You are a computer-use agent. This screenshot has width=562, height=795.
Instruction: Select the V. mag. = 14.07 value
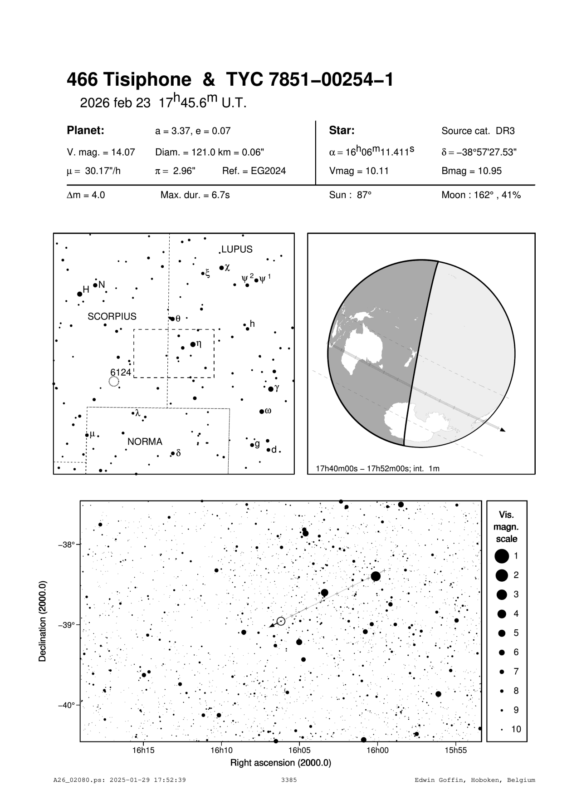tap(101, 152)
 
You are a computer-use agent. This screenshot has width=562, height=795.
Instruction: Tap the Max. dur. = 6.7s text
tap(195, 195)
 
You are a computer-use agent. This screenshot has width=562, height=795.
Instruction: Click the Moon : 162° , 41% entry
tap(481, 195)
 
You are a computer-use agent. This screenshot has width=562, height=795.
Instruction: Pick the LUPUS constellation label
tap(237, 249)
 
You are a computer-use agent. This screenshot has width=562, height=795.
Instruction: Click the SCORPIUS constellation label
tap(112, 316)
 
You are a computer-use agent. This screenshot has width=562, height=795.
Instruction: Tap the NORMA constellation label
tap(145, 442)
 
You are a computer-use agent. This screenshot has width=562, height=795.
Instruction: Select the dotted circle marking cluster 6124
tap(114, 382)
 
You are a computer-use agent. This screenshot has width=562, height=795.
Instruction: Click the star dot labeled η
tap(193, 344)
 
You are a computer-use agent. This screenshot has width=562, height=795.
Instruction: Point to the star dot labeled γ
tap(271, 389)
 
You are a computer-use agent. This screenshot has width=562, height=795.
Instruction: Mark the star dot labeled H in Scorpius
tap(80, 294)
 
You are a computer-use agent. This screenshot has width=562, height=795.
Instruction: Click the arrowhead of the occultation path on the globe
tap(503, 429)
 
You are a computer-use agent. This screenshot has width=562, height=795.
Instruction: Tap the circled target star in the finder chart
tap(281, 621)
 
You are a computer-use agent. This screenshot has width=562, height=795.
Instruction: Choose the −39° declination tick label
tap(67, 625)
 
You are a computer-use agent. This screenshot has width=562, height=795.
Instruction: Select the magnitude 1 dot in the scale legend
tap(502, 555)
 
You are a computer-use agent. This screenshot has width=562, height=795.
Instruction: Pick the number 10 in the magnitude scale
tap(516, 729)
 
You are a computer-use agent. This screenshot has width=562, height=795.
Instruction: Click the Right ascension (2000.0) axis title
tap(281, 763)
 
